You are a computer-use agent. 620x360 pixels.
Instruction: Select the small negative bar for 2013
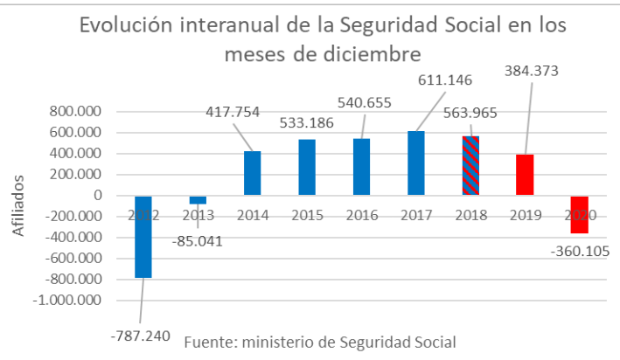coord(198,200)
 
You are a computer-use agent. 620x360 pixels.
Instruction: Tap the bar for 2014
coord(252,173)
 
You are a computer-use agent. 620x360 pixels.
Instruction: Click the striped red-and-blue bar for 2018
coord(470,166)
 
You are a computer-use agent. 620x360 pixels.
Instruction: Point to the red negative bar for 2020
coord(579,215)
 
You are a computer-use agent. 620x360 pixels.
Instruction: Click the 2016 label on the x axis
coord(362,214)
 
